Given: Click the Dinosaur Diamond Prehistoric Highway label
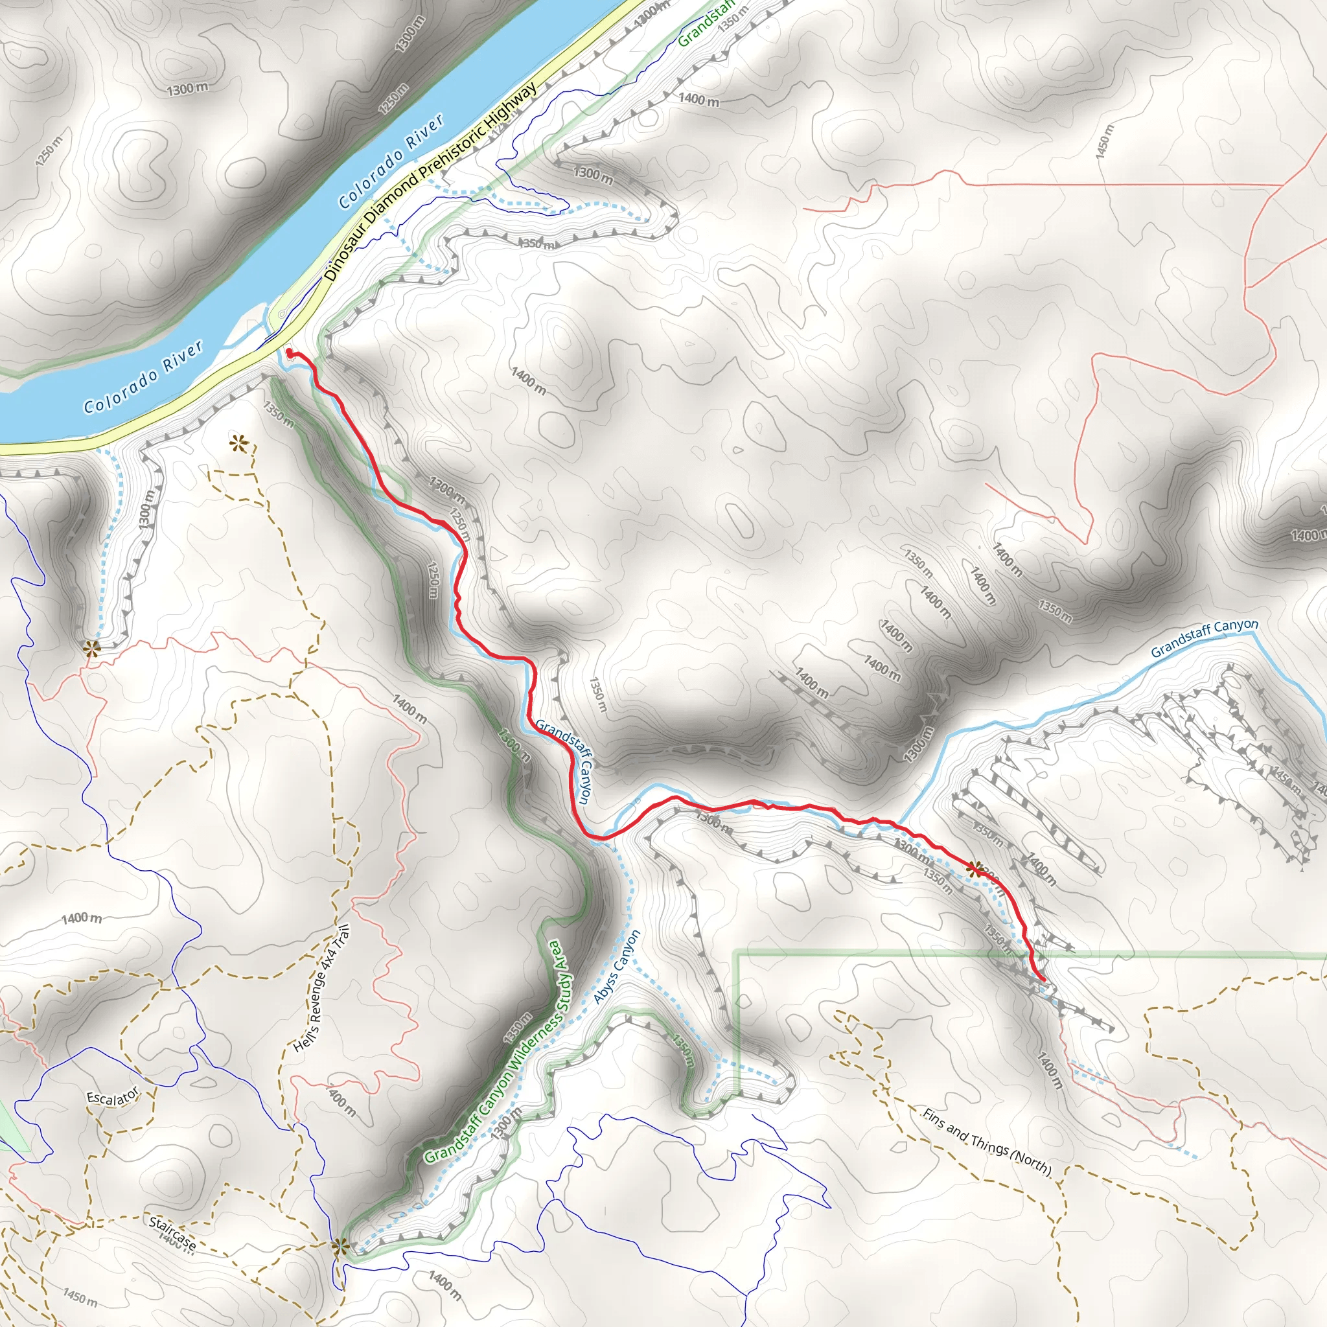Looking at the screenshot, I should pyautogui.click(x=431, y=182).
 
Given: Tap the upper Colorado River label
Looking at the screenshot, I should pyautogui.click(x=391, y=162).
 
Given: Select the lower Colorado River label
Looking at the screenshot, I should pyautogui.click(x=144, y=377).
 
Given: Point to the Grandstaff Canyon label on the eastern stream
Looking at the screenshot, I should pyautogui.click(x=1204, y=638).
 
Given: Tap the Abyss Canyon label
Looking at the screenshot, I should pyautogui.click(x=617, y=966).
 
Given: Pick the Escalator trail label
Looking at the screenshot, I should pyautogui.click(x=113, y=1097).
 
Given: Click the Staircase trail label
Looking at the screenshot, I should pyautogui.click(x=172, y=1233).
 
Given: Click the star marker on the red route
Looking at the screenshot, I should pyautogui.click(x=973, y=870).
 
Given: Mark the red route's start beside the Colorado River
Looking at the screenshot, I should pyautogui.click(x=289, y=353).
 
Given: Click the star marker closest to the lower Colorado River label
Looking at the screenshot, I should pyautogui.click(x=238, y=444).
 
